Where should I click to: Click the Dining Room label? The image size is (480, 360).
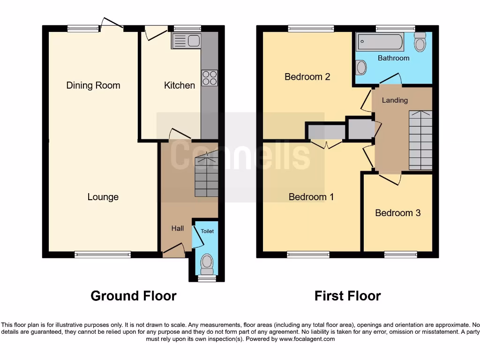tap(93, 85)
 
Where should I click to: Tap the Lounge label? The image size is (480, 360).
tap(103, 197)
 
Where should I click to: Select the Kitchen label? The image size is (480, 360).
tap(179, 85)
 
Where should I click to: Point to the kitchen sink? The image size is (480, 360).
tap(187, 41)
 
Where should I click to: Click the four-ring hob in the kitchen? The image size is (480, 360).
tap(210, 78)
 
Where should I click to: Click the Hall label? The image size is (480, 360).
tap(177, 228)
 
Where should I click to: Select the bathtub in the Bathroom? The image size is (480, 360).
tap(380, 43)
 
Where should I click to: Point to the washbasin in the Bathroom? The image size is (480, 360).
tap(361, 68)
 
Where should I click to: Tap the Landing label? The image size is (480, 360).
tap(395, 100)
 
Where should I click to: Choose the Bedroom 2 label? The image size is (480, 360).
tap(307, 76)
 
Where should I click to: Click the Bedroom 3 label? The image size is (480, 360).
tap(397, 213)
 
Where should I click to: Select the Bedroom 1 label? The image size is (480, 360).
tap(311, 197)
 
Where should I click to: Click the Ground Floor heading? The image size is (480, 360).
tap(133, 296)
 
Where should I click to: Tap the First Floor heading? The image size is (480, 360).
tap(347, 296)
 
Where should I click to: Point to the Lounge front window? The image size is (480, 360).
tap(103, 255)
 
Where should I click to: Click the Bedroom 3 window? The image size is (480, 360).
tap(401, 255)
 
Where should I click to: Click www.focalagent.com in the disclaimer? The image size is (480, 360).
tap(307, 339)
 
